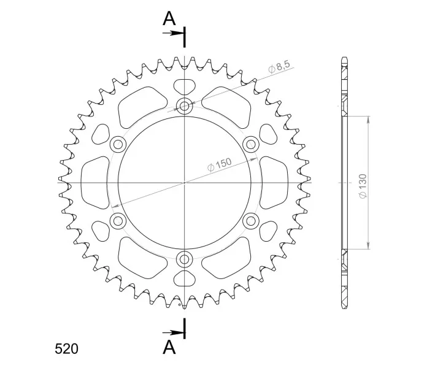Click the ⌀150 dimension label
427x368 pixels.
(x=220, y=164)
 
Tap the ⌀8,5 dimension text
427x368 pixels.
(x=279, y=67)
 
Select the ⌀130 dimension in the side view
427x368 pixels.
(x=363, y=186)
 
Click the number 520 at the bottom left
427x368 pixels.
(x=66, y=348)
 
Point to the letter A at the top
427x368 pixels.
(x=169, y=19)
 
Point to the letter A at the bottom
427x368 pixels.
(x=169, y=347)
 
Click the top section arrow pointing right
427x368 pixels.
(x=172, y=33)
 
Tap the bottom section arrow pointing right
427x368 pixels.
(x=172, y=332)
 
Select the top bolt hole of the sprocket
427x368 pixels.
(x=185, y=105)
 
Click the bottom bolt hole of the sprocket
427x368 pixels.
(x=185, y=259)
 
